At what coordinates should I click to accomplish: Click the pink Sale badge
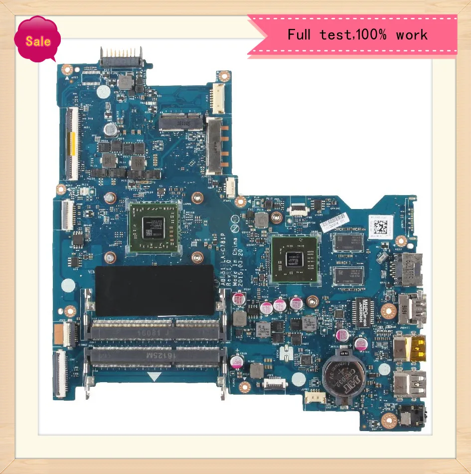tap(37, 40)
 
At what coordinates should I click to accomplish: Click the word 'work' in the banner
tap(412, 34)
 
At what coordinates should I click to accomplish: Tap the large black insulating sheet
tap(154, 290)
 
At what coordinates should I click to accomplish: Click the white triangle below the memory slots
tap(155, 376)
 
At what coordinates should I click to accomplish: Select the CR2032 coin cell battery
tap(343, 377)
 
